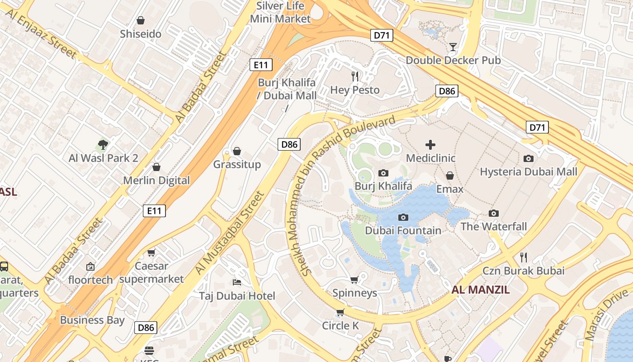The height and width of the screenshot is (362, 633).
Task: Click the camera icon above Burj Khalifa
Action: (x=383, y=173)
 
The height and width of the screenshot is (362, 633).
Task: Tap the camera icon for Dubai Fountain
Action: (x=403, y=218)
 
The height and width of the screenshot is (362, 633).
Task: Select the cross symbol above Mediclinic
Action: (x=430, y=145)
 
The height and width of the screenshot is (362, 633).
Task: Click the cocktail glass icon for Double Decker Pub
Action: (x=453, y=47)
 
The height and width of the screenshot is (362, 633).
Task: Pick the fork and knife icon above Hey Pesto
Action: (x=355, y=76)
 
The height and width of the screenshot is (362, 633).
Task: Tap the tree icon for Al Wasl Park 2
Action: (x=103, y=145)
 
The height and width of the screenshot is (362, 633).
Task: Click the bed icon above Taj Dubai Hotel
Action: (x=237, y=282)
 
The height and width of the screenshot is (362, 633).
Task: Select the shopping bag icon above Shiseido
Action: (x=141, y=20)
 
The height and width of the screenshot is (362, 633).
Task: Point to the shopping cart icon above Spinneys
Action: (x=354, y=280)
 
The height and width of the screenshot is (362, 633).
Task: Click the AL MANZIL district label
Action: (x=481, y=290)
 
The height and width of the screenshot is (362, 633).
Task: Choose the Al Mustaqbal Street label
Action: (x=230, y=233)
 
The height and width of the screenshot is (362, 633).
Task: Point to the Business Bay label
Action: (x=92, y=320)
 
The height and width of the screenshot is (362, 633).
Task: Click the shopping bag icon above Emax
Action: (x=450, y=176)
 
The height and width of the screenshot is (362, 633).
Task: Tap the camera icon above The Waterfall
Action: (x=494, y=213)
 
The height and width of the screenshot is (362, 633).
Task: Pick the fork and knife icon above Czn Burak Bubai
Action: (x=524, y=257)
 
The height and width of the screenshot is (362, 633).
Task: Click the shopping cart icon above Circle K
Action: (x=340, y=312)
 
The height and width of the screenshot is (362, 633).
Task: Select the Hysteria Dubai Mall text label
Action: (x=529, y=172)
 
